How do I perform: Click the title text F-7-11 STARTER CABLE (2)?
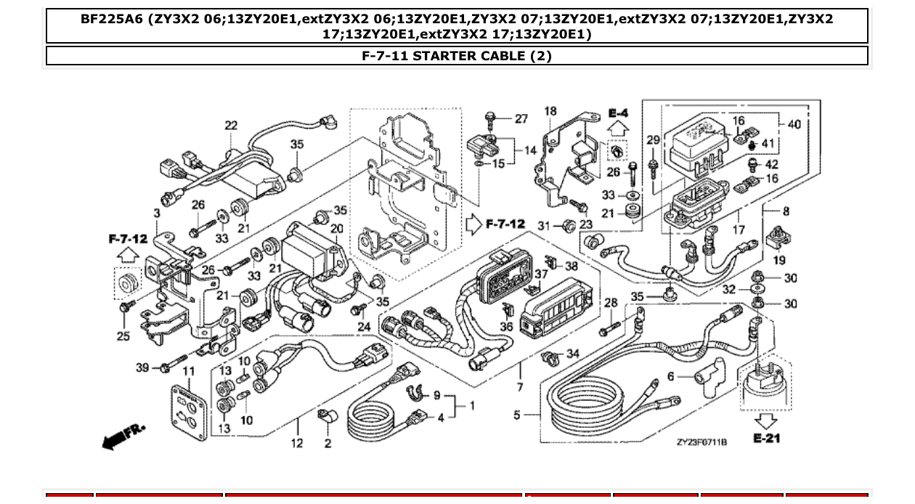point(457,56)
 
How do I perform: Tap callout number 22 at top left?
point(230,126)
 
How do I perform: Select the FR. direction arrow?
point(123,436)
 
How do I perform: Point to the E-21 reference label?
point(767,439)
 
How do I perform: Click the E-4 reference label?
point(618,113)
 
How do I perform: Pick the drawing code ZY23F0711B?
point(701,442)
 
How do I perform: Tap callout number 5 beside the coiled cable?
point(517,415)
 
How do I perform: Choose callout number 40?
point(794,124)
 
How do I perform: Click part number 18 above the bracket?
point(550,111)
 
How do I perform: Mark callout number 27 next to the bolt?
point(521,119)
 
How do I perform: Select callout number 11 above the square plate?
point(189,372)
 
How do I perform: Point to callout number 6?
point(670,376)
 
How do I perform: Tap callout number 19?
point(778,259)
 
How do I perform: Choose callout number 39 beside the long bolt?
point(142,367)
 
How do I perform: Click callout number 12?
point(297,443)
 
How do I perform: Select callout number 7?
point(519,387)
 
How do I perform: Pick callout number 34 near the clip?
point(573,354)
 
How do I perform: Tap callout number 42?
point(771,165)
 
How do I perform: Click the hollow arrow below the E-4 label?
point(618,130)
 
